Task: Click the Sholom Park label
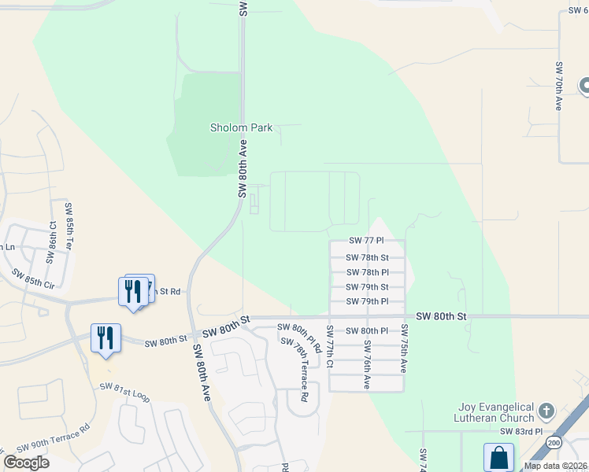click(241, 127)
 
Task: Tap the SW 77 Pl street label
click(366, 241)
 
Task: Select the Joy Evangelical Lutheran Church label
click(498, 413)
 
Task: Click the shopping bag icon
click(498, 457)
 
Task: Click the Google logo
click(26, 463)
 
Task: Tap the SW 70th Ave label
click(558, 86)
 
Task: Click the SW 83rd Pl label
click(522, 431)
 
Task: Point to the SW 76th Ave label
click(367, 364)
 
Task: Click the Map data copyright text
click(555, 466)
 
